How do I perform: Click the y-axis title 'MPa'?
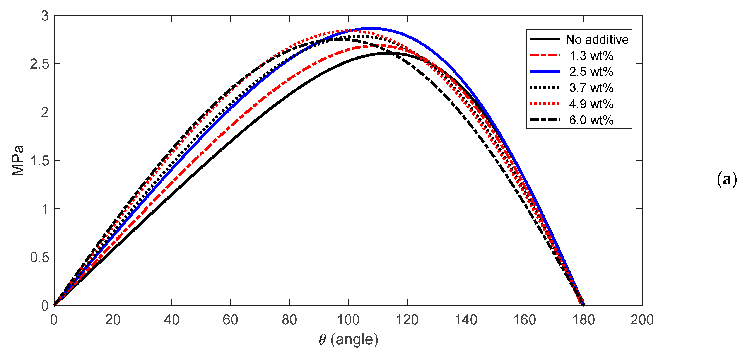click(x=18, y=160)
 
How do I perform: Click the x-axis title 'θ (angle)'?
click(x=348, y=340)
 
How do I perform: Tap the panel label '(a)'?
click(x=727, y=180)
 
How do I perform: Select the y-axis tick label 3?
click(x=45, y=16)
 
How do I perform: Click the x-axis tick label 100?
click(x=348, y=320)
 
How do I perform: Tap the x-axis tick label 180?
click(x=583, y=320)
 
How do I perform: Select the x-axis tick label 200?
click(x=642, y=320)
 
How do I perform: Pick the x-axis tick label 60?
click(x=231, y=320)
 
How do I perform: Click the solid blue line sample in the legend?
click(x=545, y=72)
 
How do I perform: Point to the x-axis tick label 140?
click(x=466, y=320)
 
